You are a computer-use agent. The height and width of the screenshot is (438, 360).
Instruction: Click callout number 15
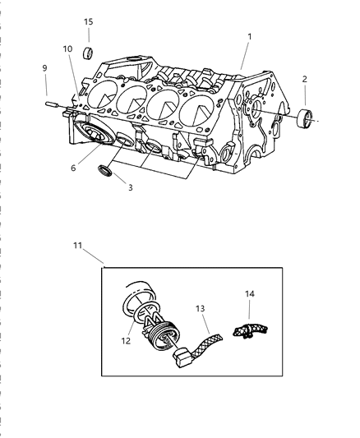coord(88,21)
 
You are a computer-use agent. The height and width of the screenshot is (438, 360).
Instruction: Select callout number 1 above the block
coord(250,37)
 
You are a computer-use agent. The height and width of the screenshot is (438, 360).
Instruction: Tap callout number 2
coord(304,79)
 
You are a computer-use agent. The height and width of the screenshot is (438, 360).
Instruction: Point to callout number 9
coord(44,68)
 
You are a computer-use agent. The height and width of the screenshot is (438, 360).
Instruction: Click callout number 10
coord(67,48)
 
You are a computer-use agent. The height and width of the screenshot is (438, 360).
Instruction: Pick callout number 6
coord(73,168)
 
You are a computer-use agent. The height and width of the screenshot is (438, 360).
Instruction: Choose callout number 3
coord(130,187)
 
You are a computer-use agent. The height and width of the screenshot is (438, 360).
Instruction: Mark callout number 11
coord(77,246)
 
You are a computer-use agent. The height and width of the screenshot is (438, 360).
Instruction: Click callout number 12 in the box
coord(126,341)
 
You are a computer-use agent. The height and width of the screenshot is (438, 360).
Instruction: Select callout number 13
coord(200,309)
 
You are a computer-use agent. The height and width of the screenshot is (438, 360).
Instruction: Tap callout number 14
coord(250,294)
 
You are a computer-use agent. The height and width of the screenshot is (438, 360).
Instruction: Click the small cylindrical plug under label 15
coord(88,53)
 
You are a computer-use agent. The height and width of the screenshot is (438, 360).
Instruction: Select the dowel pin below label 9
coord(52,104)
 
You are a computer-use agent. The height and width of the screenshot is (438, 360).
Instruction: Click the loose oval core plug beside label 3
coord(105,171)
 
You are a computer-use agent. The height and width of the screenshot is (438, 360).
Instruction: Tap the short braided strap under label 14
coord(250,330)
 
